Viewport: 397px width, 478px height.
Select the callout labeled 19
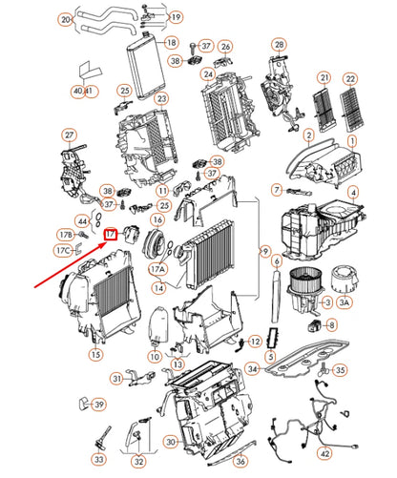click(x=176, y=18)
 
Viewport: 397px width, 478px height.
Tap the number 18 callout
click(x=170, y=43)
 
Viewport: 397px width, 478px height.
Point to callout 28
click(x=279, y=45)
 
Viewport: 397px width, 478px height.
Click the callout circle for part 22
click(x=351, y=78)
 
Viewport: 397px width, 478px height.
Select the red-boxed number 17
click(x=112, y=233)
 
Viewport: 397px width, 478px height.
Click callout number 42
click(x=324, y=453)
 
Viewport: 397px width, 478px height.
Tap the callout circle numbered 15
click(x=95, y=354)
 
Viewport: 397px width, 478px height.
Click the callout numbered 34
click(x=252, y=368)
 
